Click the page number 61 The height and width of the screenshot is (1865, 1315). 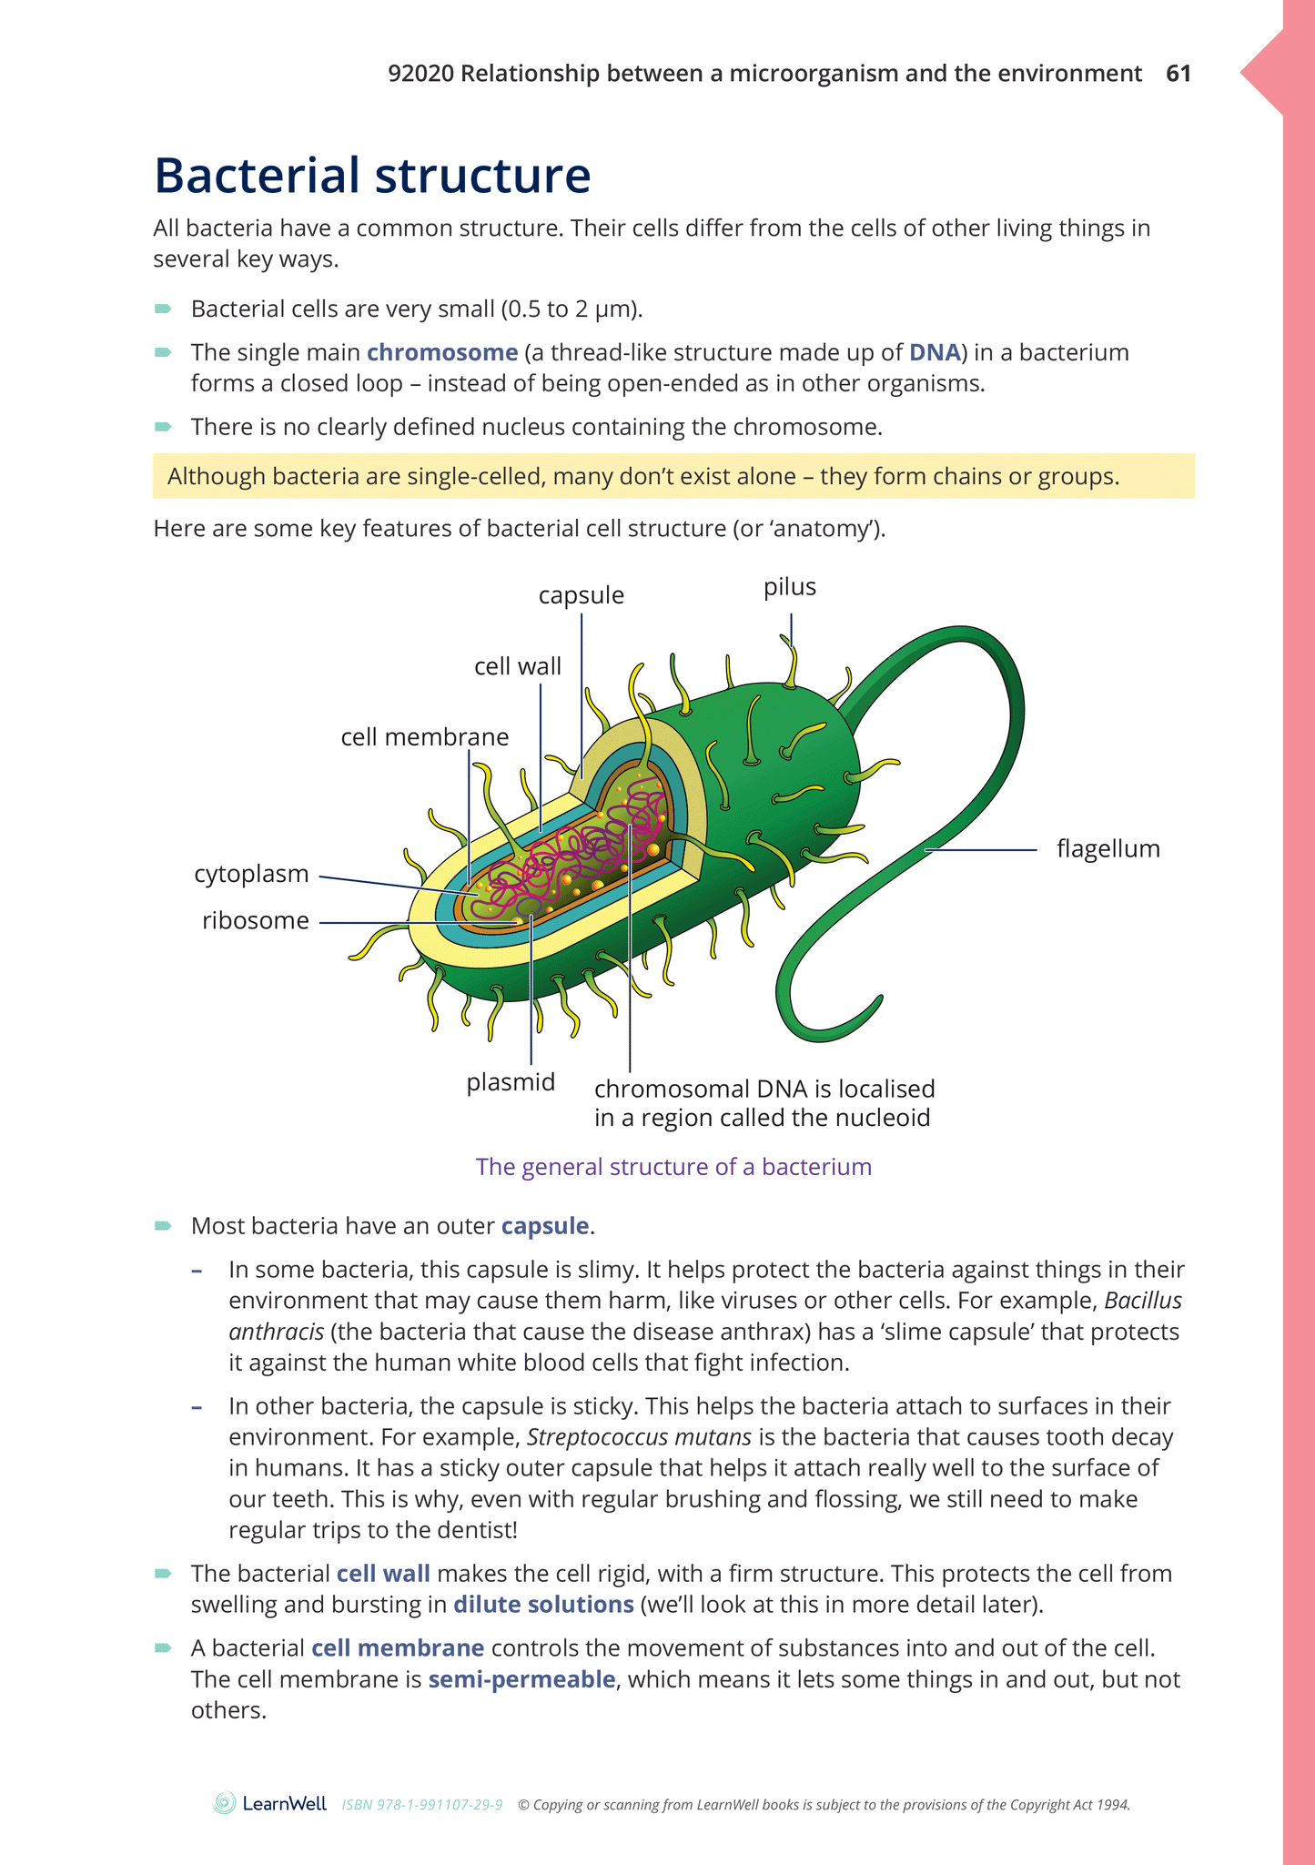pos(1178,74)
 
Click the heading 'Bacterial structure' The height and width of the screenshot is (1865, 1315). pos(372,175)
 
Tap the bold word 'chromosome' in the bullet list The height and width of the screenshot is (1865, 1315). pos(442,352)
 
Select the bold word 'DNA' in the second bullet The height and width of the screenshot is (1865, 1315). pos(935,352)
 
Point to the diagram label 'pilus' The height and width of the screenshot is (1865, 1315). pos(789,587)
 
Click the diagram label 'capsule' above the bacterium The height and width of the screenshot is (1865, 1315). pos(581,595)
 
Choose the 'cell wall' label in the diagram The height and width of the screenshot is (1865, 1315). pos(518,666)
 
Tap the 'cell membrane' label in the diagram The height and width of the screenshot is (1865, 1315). pos(424,736)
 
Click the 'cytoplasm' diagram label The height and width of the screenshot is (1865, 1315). pos(251,874)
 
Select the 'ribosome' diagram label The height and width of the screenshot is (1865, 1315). pos(256,920)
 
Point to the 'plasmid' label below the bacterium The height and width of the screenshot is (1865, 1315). pos(511,1082)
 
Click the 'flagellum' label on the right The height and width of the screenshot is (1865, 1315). pos(1108,848)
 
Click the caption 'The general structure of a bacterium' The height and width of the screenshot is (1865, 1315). pos(673,1167)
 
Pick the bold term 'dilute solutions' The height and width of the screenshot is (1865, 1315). pos(543,1604)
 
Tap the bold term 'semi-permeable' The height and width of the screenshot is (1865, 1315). pos(521,1678)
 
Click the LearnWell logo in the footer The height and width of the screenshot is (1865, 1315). pos(270,1803)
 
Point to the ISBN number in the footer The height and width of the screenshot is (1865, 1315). pos(422,1804)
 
